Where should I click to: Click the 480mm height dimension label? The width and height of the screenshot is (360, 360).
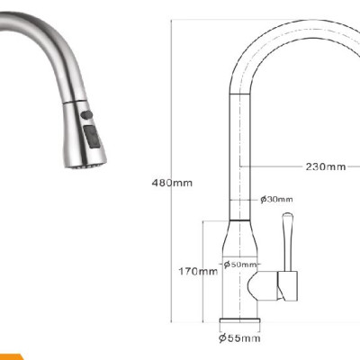[173, 184]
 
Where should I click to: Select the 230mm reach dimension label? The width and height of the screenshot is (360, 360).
[324, 166]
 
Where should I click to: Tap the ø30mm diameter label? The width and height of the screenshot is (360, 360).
[274, 200]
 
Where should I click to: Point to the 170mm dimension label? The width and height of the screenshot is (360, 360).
[197, 271]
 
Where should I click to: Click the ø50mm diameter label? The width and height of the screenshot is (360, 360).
[240, 265]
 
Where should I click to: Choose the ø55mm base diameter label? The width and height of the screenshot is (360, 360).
[238, 338]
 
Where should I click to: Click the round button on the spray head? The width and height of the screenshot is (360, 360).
[86, 117]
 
